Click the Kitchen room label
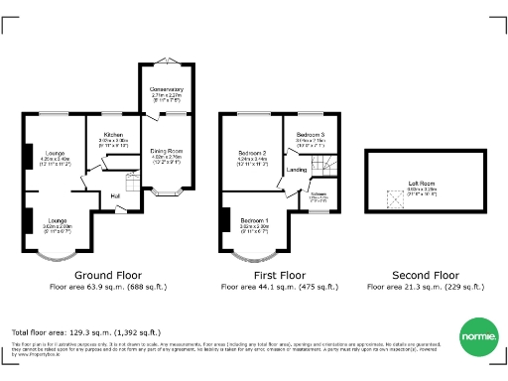113,134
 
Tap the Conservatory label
167,89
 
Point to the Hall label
116,195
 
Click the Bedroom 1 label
254,219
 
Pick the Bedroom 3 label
311,134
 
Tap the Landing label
296,170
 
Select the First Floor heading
278,274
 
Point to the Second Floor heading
426,274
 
